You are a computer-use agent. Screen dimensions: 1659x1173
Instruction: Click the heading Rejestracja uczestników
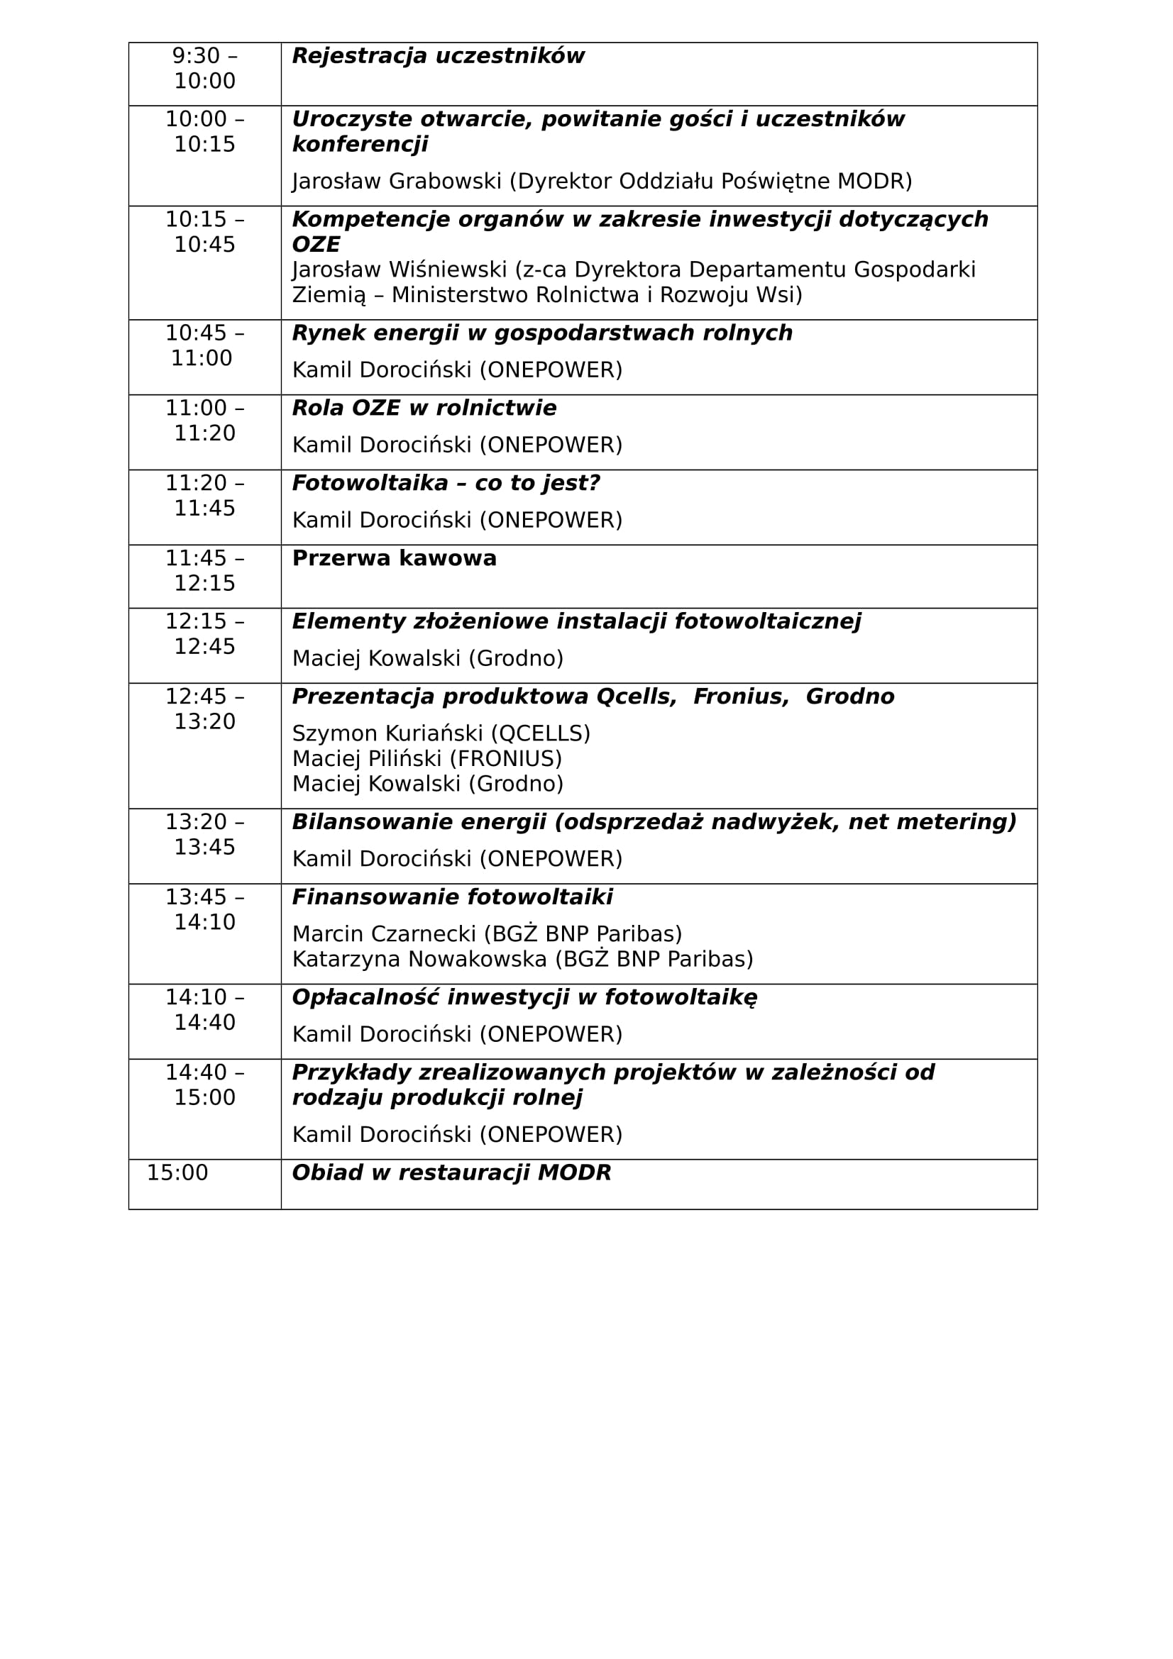pyautogui.click(x=437, y=56)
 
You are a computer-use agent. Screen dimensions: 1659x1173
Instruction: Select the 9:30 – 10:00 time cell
pyautogui.click(x=204, y=69)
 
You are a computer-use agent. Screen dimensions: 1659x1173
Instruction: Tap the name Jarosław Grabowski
pyautogui.click(x=396, y=182)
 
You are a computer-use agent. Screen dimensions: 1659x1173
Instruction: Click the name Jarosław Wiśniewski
pyautogui.click(x=399, y=270)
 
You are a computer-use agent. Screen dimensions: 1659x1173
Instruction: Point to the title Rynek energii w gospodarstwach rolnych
pyautogui.click(x=542, y=333)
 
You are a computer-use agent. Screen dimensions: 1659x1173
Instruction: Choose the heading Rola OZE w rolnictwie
pyautogui.click(x=424, y=409)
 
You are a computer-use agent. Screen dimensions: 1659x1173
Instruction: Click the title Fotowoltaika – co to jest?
pyautogui.click(x=445, y=484)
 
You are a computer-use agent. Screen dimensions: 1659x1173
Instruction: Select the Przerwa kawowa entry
pyautogui.click(x=394, y=558)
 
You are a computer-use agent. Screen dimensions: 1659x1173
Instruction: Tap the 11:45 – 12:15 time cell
pyautogui.click(x=204, y=571)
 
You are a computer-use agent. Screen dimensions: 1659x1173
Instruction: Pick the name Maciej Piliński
pyautogui.click(x=366, y=759)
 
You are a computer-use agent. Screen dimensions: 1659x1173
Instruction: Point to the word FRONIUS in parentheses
pyautogui.click(x=505, y=759)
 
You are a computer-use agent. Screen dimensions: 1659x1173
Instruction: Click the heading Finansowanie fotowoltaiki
pyautogui.click(x=452, y=897)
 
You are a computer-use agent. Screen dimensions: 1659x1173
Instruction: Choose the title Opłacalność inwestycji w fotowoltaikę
pyautogui.click(x=524, y=998)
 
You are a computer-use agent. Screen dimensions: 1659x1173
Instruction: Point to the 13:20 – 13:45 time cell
pyautogui.click(x=204, y=835)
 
